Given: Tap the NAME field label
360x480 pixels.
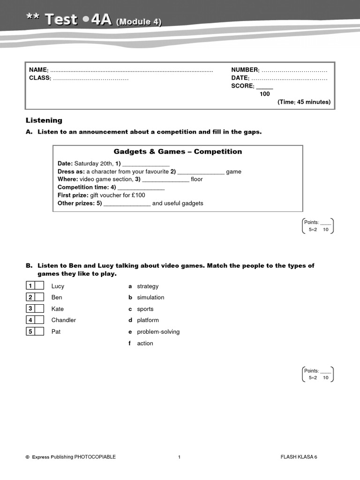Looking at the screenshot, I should pyautogui.click(x=38, y=70).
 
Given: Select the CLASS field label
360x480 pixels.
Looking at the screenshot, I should pyautogui.click(x=39, y=78).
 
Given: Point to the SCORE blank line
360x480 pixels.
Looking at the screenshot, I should pyautogui.click(x=264, y=87).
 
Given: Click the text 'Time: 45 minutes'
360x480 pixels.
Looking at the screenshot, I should pyautogui.click(x=304, y=102).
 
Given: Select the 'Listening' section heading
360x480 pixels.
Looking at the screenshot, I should pyautogui.click(x=44, y=120).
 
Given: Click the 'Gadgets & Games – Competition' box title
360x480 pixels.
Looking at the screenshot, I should pyautogui.click(x=178, y=151).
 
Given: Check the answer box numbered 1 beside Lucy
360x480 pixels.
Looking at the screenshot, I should pyautogui.click(x=39, y=286).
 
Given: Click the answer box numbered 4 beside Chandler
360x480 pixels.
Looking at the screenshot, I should pyautogui.click(x=39, y=320).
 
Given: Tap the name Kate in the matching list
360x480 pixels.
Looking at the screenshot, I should pyautogui.click(x=58, y=309).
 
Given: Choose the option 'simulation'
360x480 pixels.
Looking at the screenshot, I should pyautogui.click(x=150, y=297).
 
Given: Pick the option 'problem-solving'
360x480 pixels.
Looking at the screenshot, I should pyautogui.click(x=158, y=331).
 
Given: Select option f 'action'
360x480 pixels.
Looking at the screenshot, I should pyautogui.click(x=145, y=343).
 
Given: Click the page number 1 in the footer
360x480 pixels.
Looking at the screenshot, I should pyautogui.click(x=180, y=457).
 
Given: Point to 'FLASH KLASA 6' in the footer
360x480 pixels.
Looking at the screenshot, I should pyautogui.click(x=299, y=457).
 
